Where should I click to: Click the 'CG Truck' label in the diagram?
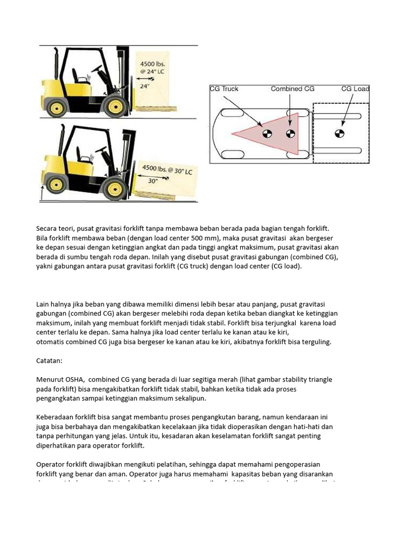point(224,89)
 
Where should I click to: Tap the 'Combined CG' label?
point(293,89)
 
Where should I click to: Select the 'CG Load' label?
point(355,89)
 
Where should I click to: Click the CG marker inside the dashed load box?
point(338,133)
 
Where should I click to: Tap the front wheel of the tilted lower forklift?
point(114,188)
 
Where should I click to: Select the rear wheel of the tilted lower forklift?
point(55,185)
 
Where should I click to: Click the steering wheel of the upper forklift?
point(97,69)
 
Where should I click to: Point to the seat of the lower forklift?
point(83,155)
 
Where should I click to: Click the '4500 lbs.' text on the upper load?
point(152,64)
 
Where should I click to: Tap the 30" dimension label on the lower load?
point(153,181)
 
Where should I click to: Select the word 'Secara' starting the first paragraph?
point(48,228)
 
